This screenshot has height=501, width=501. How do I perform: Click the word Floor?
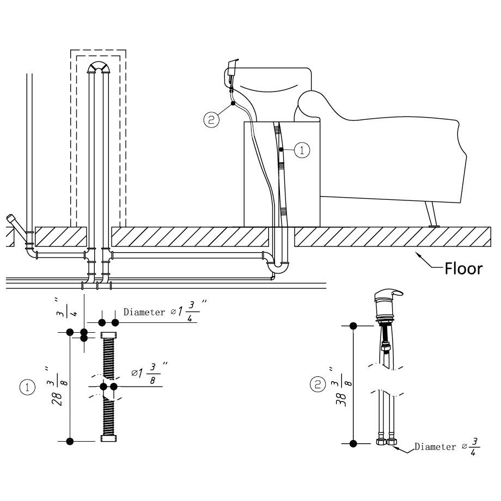click(x=463, y=268)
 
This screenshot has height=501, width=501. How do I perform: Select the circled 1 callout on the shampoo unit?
click(x=302, y=150)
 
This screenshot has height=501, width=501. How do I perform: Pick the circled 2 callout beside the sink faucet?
click(x=211, y=119)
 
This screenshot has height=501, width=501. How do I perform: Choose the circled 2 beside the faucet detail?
click(x=317, y=385)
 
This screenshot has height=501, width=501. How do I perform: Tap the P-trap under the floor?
click(x=279, y=266)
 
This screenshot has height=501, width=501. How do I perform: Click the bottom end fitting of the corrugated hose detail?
click(x=108, y=438)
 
